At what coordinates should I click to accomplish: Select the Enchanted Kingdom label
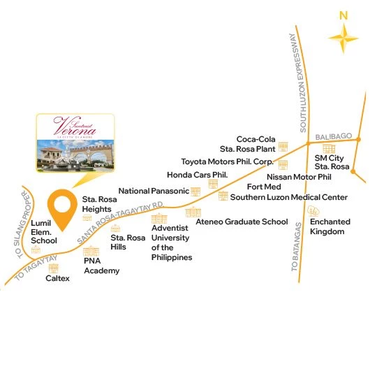pos(327,226)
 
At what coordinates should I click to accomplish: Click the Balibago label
pos(330,135)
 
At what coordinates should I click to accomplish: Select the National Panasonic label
pos(154,191)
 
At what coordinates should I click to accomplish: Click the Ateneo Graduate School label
pos(242,222)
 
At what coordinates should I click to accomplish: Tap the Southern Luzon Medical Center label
pos(288,197)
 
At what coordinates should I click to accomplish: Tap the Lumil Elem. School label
pos(44,231)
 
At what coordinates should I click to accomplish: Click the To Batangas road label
pos(296,249)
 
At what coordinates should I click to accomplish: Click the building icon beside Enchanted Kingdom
pos(316,210)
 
